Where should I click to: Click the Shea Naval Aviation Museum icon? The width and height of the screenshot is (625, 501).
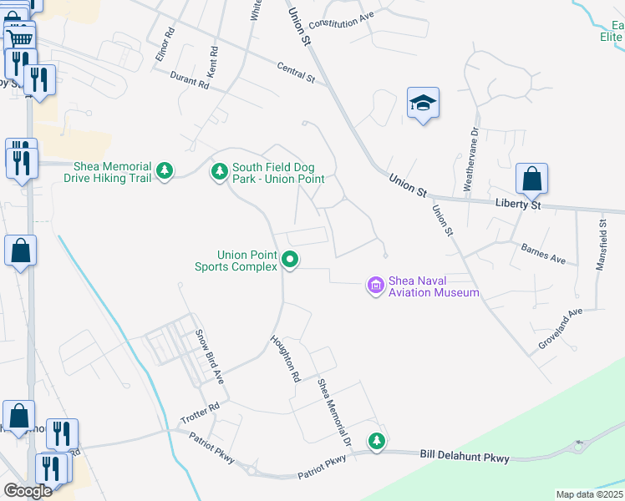coord(376,286)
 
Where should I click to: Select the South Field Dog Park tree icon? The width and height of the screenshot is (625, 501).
coord(220,171)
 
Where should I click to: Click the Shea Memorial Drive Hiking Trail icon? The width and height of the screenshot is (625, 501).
coord(165,171)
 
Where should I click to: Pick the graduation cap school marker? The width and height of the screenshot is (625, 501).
coord(423,104)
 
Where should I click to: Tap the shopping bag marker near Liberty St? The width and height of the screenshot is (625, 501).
coord(531,178)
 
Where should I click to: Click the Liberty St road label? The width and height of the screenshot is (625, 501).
coord(517,205)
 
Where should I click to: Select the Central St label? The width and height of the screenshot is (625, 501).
coord(296,73)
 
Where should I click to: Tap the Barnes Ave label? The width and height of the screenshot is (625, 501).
coord(543,253)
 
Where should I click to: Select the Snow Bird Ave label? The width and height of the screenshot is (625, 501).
coord(211,357)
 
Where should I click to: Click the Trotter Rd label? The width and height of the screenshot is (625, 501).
coord(200,412)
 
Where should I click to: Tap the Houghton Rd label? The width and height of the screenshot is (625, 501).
coord(285,358)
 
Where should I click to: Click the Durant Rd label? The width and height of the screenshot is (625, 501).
coord(189,81)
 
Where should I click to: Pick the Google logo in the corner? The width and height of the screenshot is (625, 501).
coord(28,490)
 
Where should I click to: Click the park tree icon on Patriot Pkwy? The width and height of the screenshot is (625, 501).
coord(377,440)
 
